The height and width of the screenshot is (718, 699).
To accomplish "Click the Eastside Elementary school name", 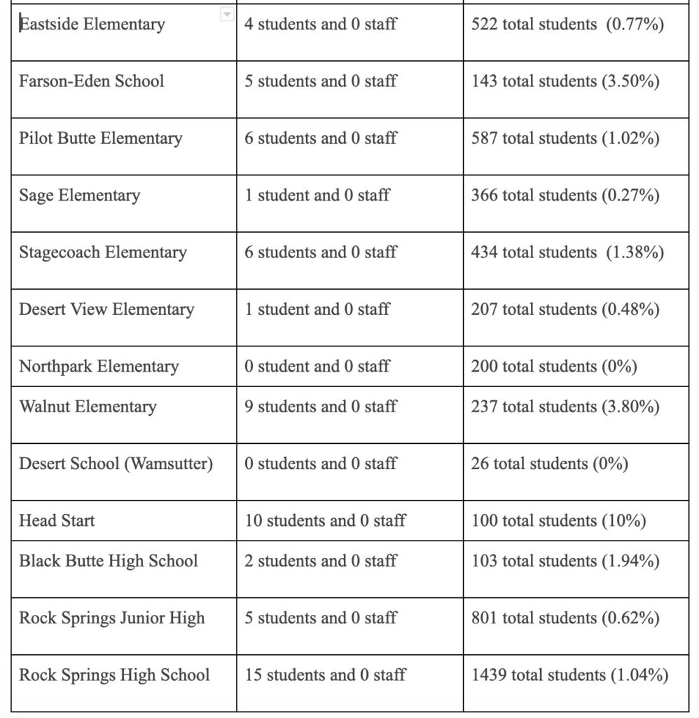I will (x=92, y=25).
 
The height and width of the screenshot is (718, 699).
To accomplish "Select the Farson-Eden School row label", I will (x=91, y=81).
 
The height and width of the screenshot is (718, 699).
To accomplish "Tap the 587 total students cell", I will (x=565, y=138).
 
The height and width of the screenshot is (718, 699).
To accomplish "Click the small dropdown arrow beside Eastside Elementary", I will (x=226, y=15).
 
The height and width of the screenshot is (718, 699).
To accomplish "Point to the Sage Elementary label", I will (x=79, y=196).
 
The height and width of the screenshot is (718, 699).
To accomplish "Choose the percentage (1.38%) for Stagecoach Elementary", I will (x=635, y=252).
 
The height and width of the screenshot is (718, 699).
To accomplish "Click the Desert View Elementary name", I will (x=106, y=309).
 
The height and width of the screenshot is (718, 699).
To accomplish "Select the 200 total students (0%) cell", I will (x=553, y=366).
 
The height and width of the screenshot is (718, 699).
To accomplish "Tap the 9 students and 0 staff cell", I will (x=320, y=407).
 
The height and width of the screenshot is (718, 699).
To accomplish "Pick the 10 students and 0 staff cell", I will (x=325, y=521).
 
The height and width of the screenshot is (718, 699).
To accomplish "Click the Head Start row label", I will (x=57, y=521).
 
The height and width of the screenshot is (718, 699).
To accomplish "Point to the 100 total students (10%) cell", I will (x=558, y=521).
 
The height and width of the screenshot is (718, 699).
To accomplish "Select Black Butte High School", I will (x=108, y=561).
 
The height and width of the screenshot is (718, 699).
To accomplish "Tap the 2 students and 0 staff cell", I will (x=320, y=561).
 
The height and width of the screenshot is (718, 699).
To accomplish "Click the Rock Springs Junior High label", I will (x=111, y=618).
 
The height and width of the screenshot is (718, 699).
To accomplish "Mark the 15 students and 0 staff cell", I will (x=325, y=675).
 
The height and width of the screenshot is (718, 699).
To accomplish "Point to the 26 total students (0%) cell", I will (x=549, y=464).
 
